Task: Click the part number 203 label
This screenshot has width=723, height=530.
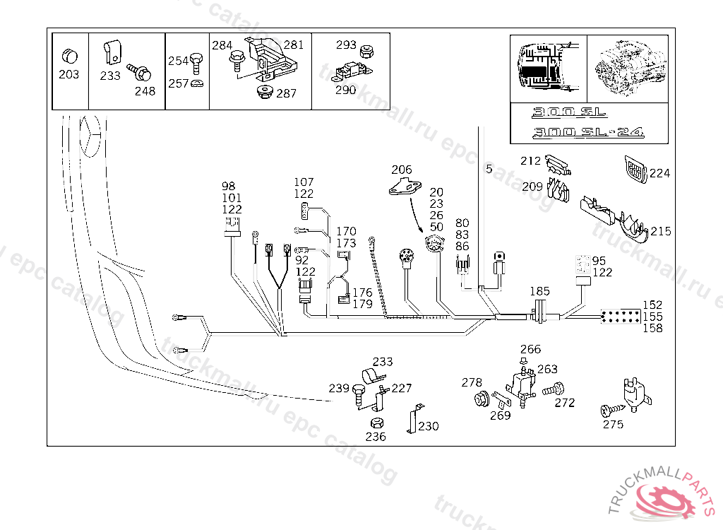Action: coord(68,74)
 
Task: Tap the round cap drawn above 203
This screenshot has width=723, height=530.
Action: coord(70,56)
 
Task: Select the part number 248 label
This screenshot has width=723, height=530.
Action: coord(145,91)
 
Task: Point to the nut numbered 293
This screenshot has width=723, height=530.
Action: coord(366,52)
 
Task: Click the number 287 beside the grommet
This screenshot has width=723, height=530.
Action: coord(286,94)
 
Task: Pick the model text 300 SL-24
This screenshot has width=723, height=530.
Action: coord(588,132)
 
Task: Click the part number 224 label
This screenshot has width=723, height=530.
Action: coord(659,173)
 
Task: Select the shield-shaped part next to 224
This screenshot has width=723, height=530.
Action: coord(636,168)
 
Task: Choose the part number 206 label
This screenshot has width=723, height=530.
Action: coord(402,170)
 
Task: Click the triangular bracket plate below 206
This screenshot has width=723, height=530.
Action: coord(405,187)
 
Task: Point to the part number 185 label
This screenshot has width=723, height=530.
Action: coord(539,291)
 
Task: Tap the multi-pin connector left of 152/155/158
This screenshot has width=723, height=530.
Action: coord(621,317)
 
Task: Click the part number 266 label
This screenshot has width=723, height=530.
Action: coord(530,349)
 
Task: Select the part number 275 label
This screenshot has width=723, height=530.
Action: coord(613,424)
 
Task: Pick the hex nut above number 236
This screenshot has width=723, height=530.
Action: coord(377,423)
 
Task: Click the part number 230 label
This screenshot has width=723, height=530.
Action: coord(429,426)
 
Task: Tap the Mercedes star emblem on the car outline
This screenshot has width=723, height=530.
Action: coord(90,136)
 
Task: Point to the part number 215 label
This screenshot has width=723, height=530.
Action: coord(661,231)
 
